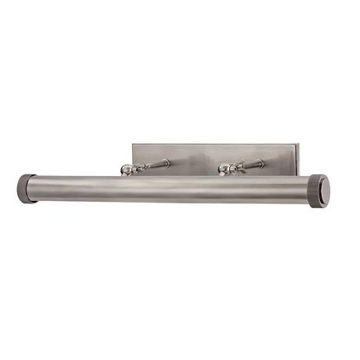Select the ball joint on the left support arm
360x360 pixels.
pyautogui.click(x=125, y=170)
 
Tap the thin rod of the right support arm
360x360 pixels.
pyautogui.click(x=252, y=164)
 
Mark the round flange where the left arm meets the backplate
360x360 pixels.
pyautogui.click(x=167, y=163)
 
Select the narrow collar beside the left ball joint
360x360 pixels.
pyautogui.click(x=138, y=168)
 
